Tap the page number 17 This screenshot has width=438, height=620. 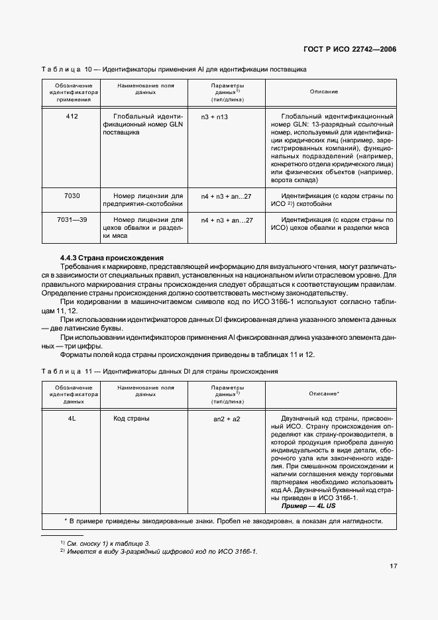(392, 566)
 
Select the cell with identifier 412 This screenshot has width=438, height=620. (72, 117)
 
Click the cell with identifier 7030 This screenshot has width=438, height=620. (72, 196)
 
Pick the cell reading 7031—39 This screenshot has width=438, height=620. (72, 220)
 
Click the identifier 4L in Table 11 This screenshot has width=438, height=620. (72, 419)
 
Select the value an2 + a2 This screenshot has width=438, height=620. (227, 419)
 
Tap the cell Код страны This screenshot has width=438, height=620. (131, 419)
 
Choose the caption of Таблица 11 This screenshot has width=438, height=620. (159, 372)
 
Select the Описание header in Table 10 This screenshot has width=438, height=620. (324, 91)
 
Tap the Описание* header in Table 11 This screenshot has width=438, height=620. (324, 393)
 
